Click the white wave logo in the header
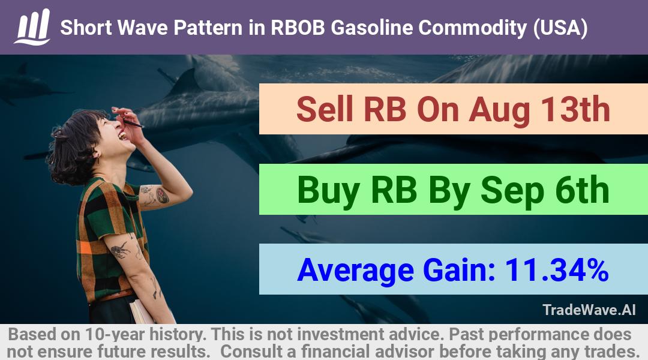tap(32, 27)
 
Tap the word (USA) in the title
tap(560, 28)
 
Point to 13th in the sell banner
tap(575, 110)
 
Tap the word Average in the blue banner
tap(355, 271)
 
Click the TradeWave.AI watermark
tap(589, 310)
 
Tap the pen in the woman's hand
tap(131, 122)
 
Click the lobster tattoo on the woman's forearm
tap(121, 250)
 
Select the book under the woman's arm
tap(140, 311)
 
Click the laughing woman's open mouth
tap(122, 136)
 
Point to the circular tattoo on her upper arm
tap(162, 195)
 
